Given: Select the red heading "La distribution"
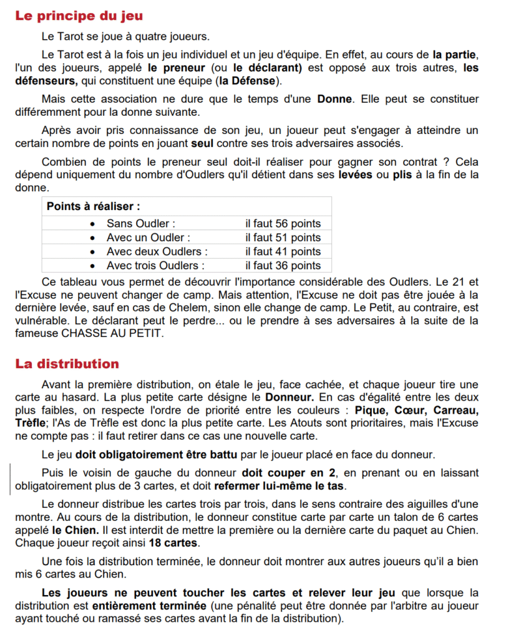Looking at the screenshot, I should tap(67, 363).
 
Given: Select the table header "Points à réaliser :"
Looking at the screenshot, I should tap(93, 206).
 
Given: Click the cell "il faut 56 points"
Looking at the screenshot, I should tap(283, 224).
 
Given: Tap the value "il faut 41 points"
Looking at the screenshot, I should tap(283, 252).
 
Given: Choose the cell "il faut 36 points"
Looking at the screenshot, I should tap(283, 266).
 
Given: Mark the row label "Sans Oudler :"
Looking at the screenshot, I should tap(141, 224).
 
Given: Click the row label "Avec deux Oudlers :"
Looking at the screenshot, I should tap(157, 252).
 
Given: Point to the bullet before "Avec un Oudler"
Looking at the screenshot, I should tap(93, 238).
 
